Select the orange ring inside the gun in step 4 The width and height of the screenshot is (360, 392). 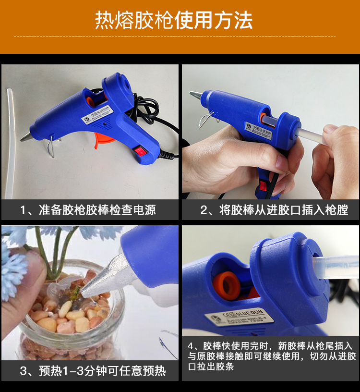tap(228, 284)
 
